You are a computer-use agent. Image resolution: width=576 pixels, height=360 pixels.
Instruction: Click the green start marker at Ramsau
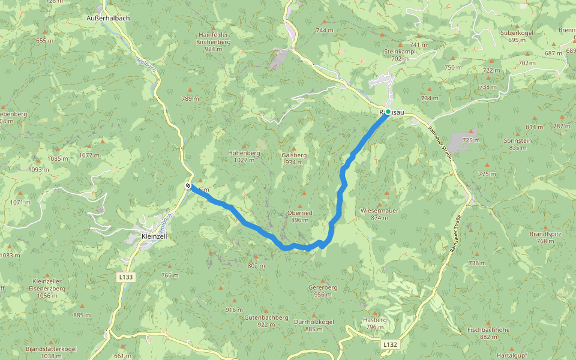click(x=388, y=112)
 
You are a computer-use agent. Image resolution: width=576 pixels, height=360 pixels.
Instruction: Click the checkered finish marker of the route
click(x=188, y=185)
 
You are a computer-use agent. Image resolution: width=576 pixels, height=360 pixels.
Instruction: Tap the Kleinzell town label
click(x=154, y=236)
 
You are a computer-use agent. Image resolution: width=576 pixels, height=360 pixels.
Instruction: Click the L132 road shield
click(x=390, y=345)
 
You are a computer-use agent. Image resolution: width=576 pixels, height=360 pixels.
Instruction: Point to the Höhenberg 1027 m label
click(x=244, y=157)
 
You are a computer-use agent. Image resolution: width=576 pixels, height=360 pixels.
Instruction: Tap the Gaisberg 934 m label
click(x=294, y=158)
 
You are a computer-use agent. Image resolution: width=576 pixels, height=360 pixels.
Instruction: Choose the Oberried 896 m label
click(x=300, y=216)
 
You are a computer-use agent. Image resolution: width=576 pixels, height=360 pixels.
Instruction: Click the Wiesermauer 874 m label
click(x=379, y=214)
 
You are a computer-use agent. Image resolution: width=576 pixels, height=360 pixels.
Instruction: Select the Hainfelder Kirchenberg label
click(x=214, y=41)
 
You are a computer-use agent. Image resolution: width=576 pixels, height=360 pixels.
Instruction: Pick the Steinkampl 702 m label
click(x=400, y=55)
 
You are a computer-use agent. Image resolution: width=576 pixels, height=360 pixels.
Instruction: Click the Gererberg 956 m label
click(x=323, y=291)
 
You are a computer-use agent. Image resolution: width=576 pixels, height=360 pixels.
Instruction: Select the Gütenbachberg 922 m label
click(x=266, y=321)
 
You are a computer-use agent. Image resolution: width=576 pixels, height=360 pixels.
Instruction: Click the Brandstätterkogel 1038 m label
click(x=51, y=352)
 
